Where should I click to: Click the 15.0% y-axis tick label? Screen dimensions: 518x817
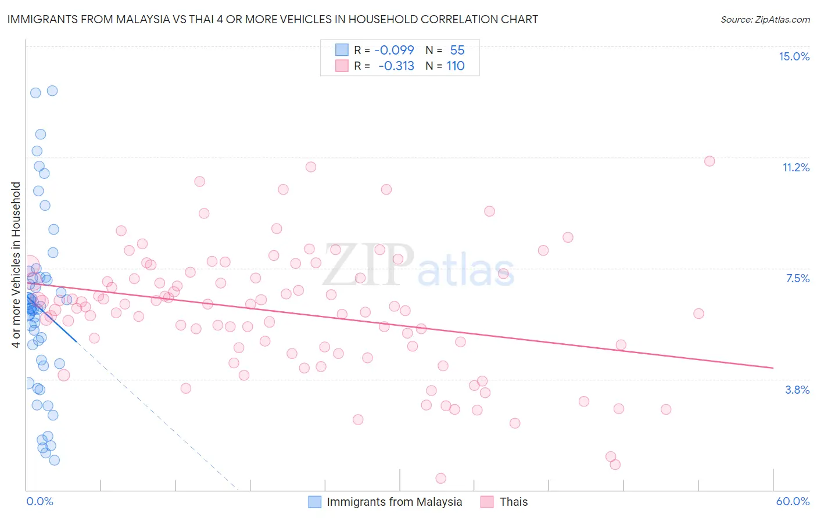click(x=794, y=56)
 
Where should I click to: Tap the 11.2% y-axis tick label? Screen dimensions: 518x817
click(x=795, y=167)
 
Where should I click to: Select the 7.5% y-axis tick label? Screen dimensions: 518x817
click(x=797, y=278)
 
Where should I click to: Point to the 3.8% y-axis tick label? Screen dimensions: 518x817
click(x=797, y=390)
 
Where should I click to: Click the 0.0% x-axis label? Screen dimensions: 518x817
click(x=40, y=501)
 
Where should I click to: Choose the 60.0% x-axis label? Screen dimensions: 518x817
click(x=792, y=501)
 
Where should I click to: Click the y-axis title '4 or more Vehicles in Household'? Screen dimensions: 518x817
click(x=16, y=265)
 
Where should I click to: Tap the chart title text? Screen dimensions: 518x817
click(x=273, y=19)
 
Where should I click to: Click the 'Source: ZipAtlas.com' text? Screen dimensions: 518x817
click(x=765, y=19)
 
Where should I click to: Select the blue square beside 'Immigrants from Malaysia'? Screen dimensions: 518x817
click(x=314, y=502)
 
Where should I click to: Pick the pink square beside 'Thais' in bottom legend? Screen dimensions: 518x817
click(x=487, y=502)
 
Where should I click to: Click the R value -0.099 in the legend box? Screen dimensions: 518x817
click(x=394, y=51)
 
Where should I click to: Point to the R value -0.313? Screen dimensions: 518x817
click(x=396, y=66)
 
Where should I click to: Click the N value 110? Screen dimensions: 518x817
click(x=456, y=66)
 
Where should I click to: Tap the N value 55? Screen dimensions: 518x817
click(x=457, y=51)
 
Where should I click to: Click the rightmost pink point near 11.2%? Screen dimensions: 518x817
click(x=709, y=161)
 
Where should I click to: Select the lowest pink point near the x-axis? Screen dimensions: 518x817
click(x=440, y=479)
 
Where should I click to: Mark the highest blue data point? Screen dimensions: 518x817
click(x=52, y=91)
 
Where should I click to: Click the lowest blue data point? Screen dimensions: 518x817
click(x=54, y=460)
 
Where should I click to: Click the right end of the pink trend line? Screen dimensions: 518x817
click(x=773, y=368)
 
